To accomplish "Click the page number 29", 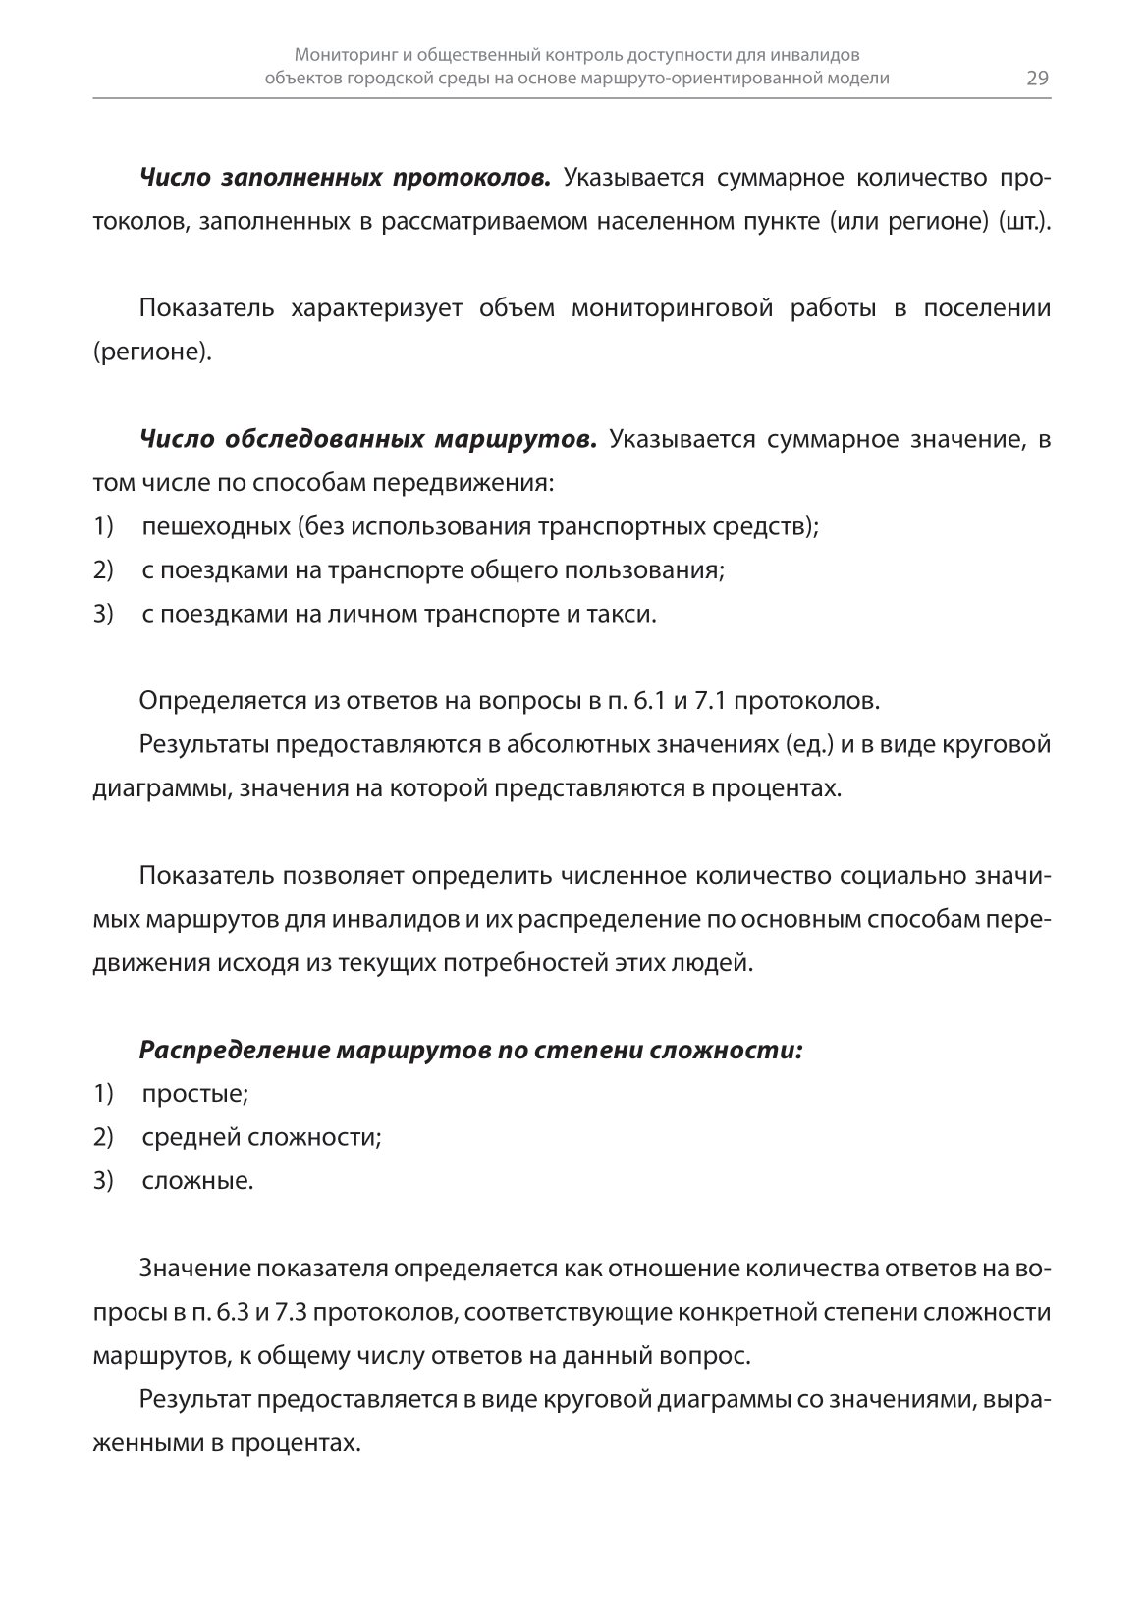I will tap(1038, 79).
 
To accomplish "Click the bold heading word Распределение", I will tap(235, 1050).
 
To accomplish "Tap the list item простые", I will tap(194, 1093).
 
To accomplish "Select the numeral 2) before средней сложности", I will tap(104, 1137).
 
